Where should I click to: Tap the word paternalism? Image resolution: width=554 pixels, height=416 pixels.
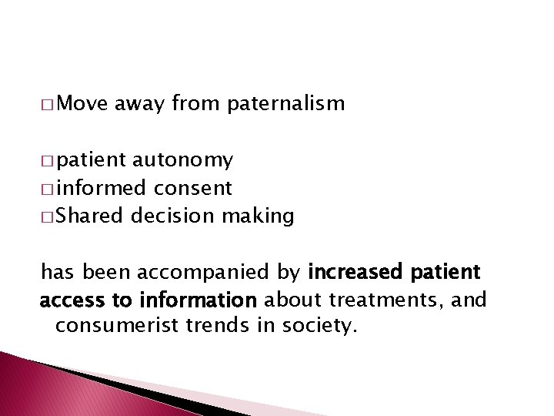tap(286, 104)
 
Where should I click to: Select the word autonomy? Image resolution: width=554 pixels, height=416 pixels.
tap(183, 160)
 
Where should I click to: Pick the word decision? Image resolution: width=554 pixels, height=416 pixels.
tap(172, 216)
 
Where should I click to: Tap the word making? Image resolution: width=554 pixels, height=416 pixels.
tap(258, 217)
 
